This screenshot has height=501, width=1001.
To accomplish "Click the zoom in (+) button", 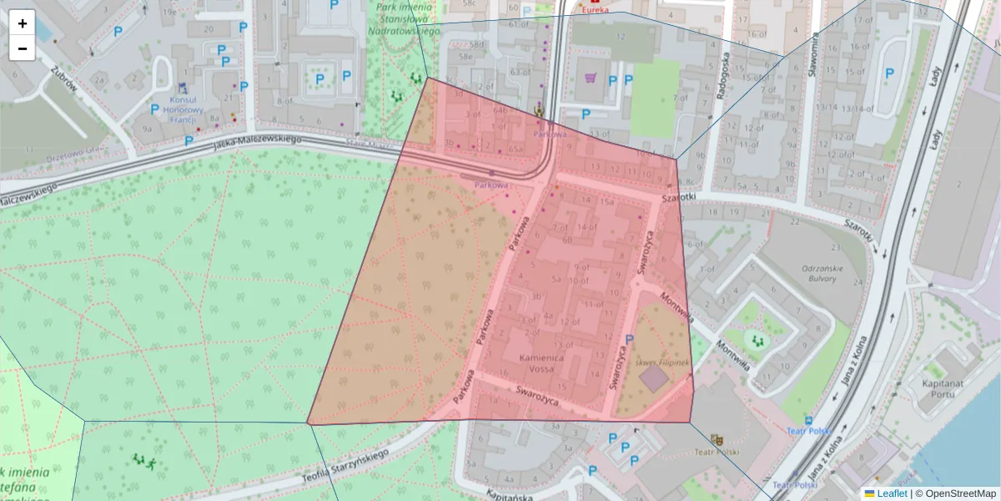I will pos(23,23).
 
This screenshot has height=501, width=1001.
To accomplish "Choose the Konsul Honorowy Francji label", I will pos(182,109).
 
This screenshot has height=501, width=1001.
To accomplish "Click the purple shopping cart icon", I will pos(591,78).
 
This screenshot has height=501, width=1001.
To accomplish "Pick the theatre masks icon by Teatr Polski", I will pos(716,439).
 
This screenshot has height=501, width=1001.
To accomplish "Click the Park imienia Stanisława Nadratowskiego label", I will pos(403,18).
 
